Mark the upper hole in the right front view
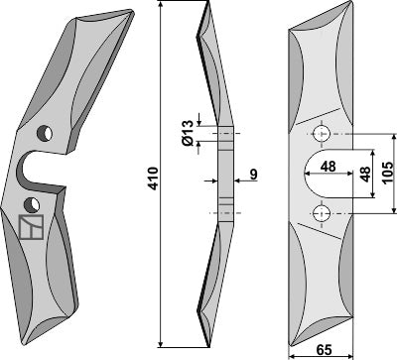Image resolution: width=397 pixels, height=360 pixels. click(320, 133)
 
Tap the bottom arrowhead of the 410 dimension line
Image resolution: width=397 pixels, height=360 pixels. click(161, 349)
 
